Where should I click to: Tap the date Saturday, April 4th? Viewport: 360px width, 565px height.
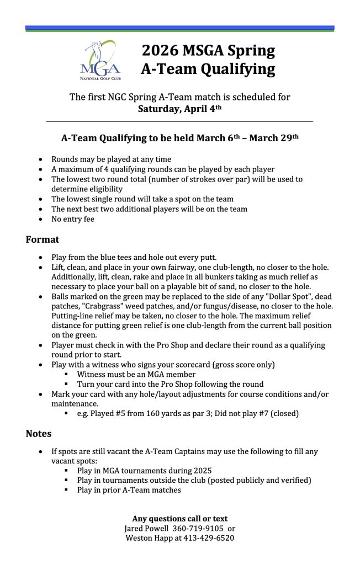point(179,109)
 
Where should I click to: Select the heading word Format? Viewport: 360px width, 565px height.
point(43,239)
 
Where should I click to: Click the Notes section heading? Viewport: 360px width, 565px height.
point(39,434)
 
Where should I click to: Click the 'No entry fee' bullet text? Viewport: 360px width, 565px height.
point(73,219)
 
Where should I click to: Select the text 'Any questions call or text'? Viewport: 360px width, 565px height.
point(179,519)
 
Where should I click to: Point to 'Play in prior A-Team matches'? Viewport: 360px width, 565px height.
point(129,490)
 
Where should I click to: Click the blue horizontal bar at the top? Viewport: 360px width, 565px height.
point(179,27)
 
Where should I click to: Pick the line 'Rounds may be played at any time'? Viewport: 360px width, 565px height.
point(111,159)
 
